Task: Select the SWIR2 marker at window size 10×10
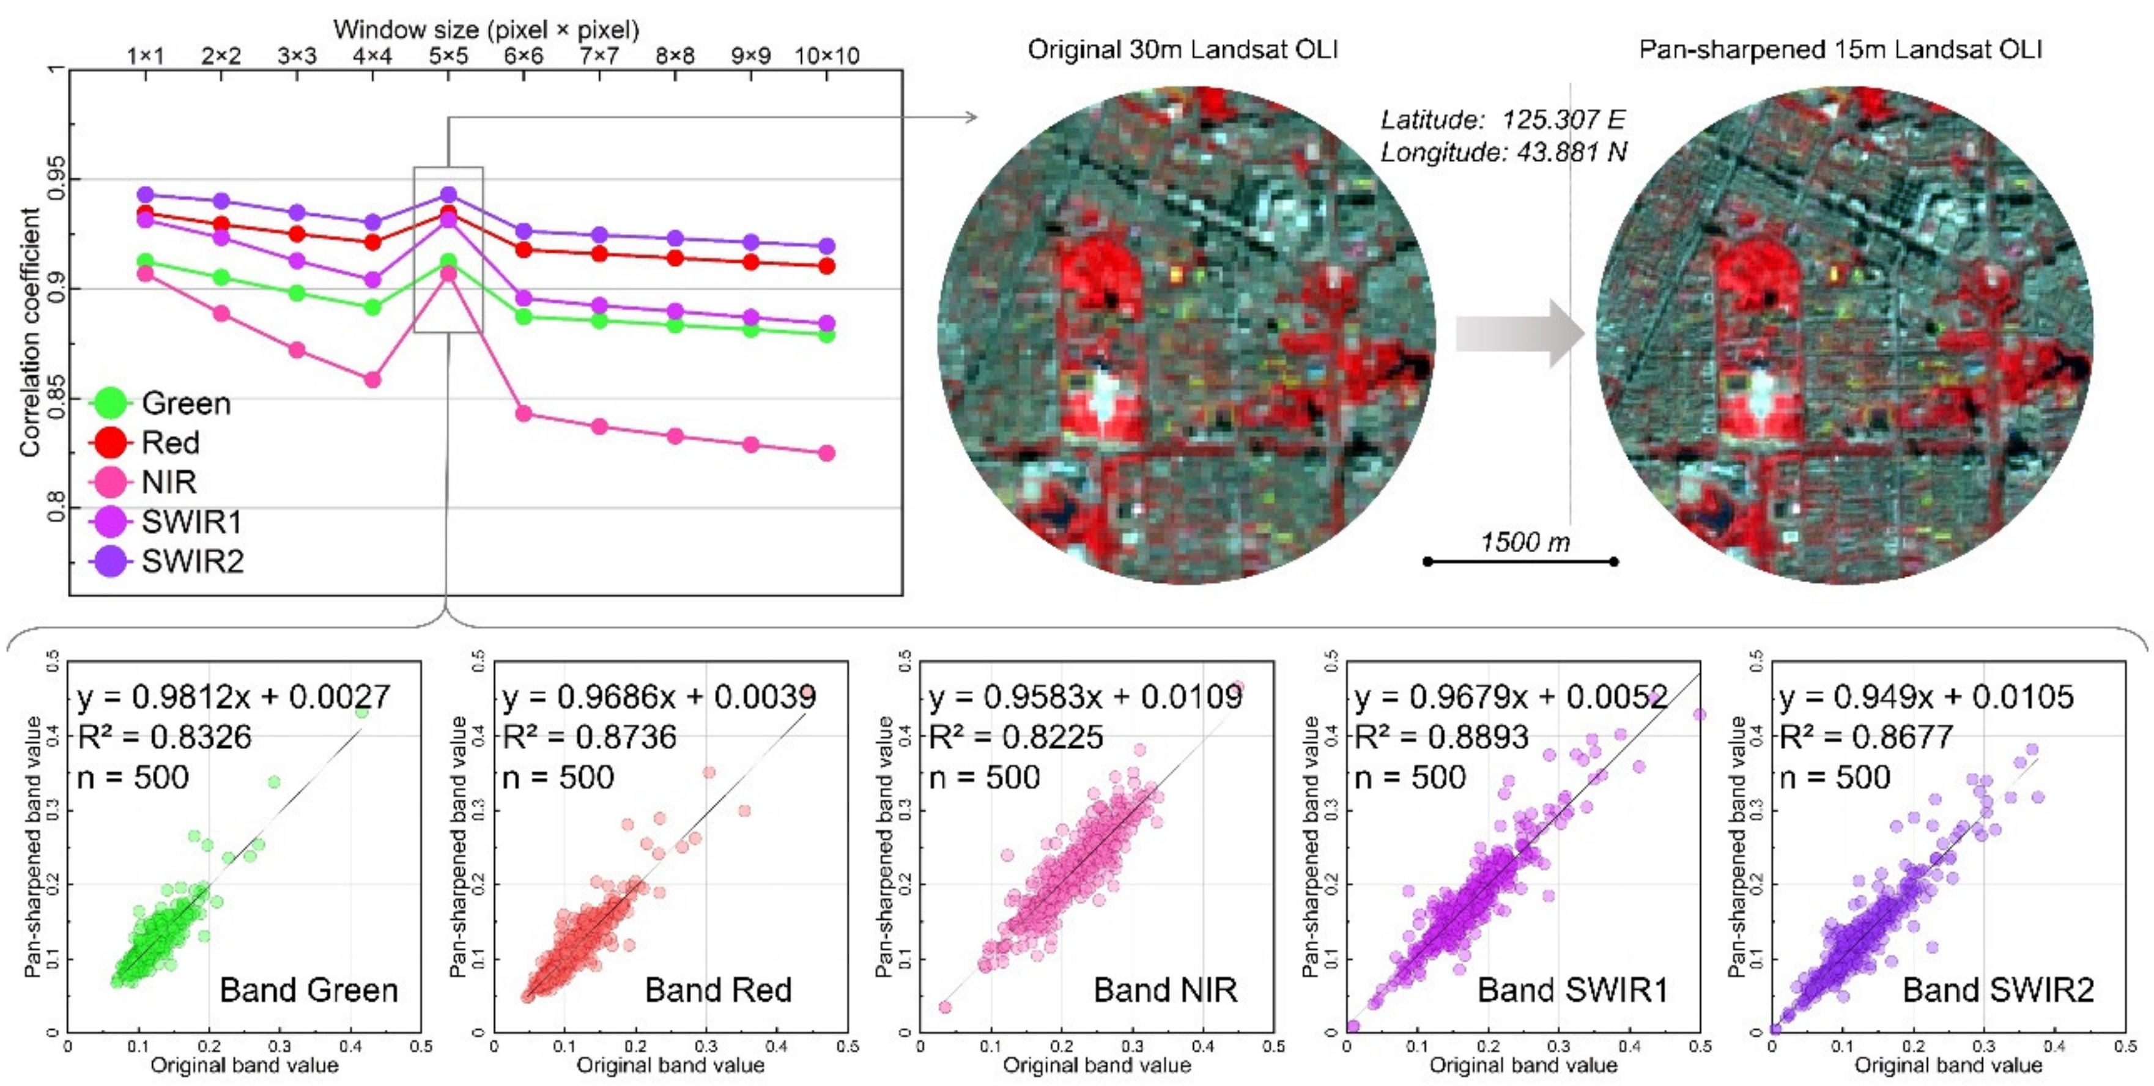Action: (826, 246)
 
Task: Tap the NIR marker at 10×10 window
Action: (826, 453)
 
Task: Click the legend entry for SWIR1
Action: (191, 522)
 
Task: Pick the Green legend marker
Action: (110, 403)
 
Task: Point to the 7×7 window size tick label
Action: (599, 56)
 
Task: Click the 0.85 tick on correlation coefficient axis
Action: (55, 399)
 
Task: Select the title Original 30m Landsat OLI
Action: (1182, 50)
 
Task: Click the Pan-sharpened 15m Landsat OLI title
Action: (1840, 50)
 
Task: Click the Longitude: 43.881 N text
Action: (1503, 152)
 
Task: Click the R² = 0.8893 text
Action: (1441, 737)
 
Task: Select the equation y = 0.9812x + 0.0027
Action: (233, 696)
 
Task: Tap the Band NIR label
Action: (1165, 990)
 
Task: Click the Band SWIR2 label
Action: (1997, 990)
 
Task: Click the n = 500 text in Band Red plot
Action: (558, 778)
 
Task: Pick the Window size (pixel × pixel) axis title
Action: (486, 30)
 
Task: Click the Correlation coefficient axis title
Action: (30, 333)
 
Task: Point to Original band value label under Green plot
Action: (244, 1065)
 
